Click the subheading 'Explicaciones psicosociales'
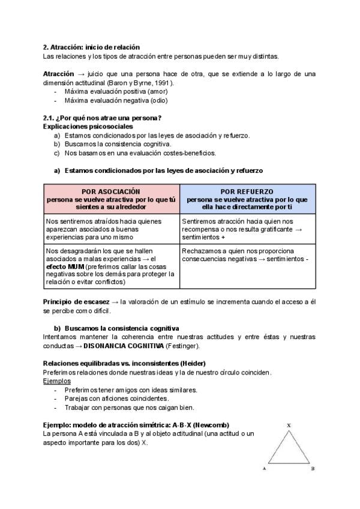pyautogui.click(x=88, y=127)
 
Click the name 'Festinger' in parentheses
pyautogui.click(x=181, y=346)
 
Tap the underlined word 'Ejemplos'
pyautogui.click(x=57, y=381)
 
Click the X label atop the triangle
pyautogui.click(x=289, y=425)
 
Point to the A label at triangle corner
pyautogui.click(x=265, y=469)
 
